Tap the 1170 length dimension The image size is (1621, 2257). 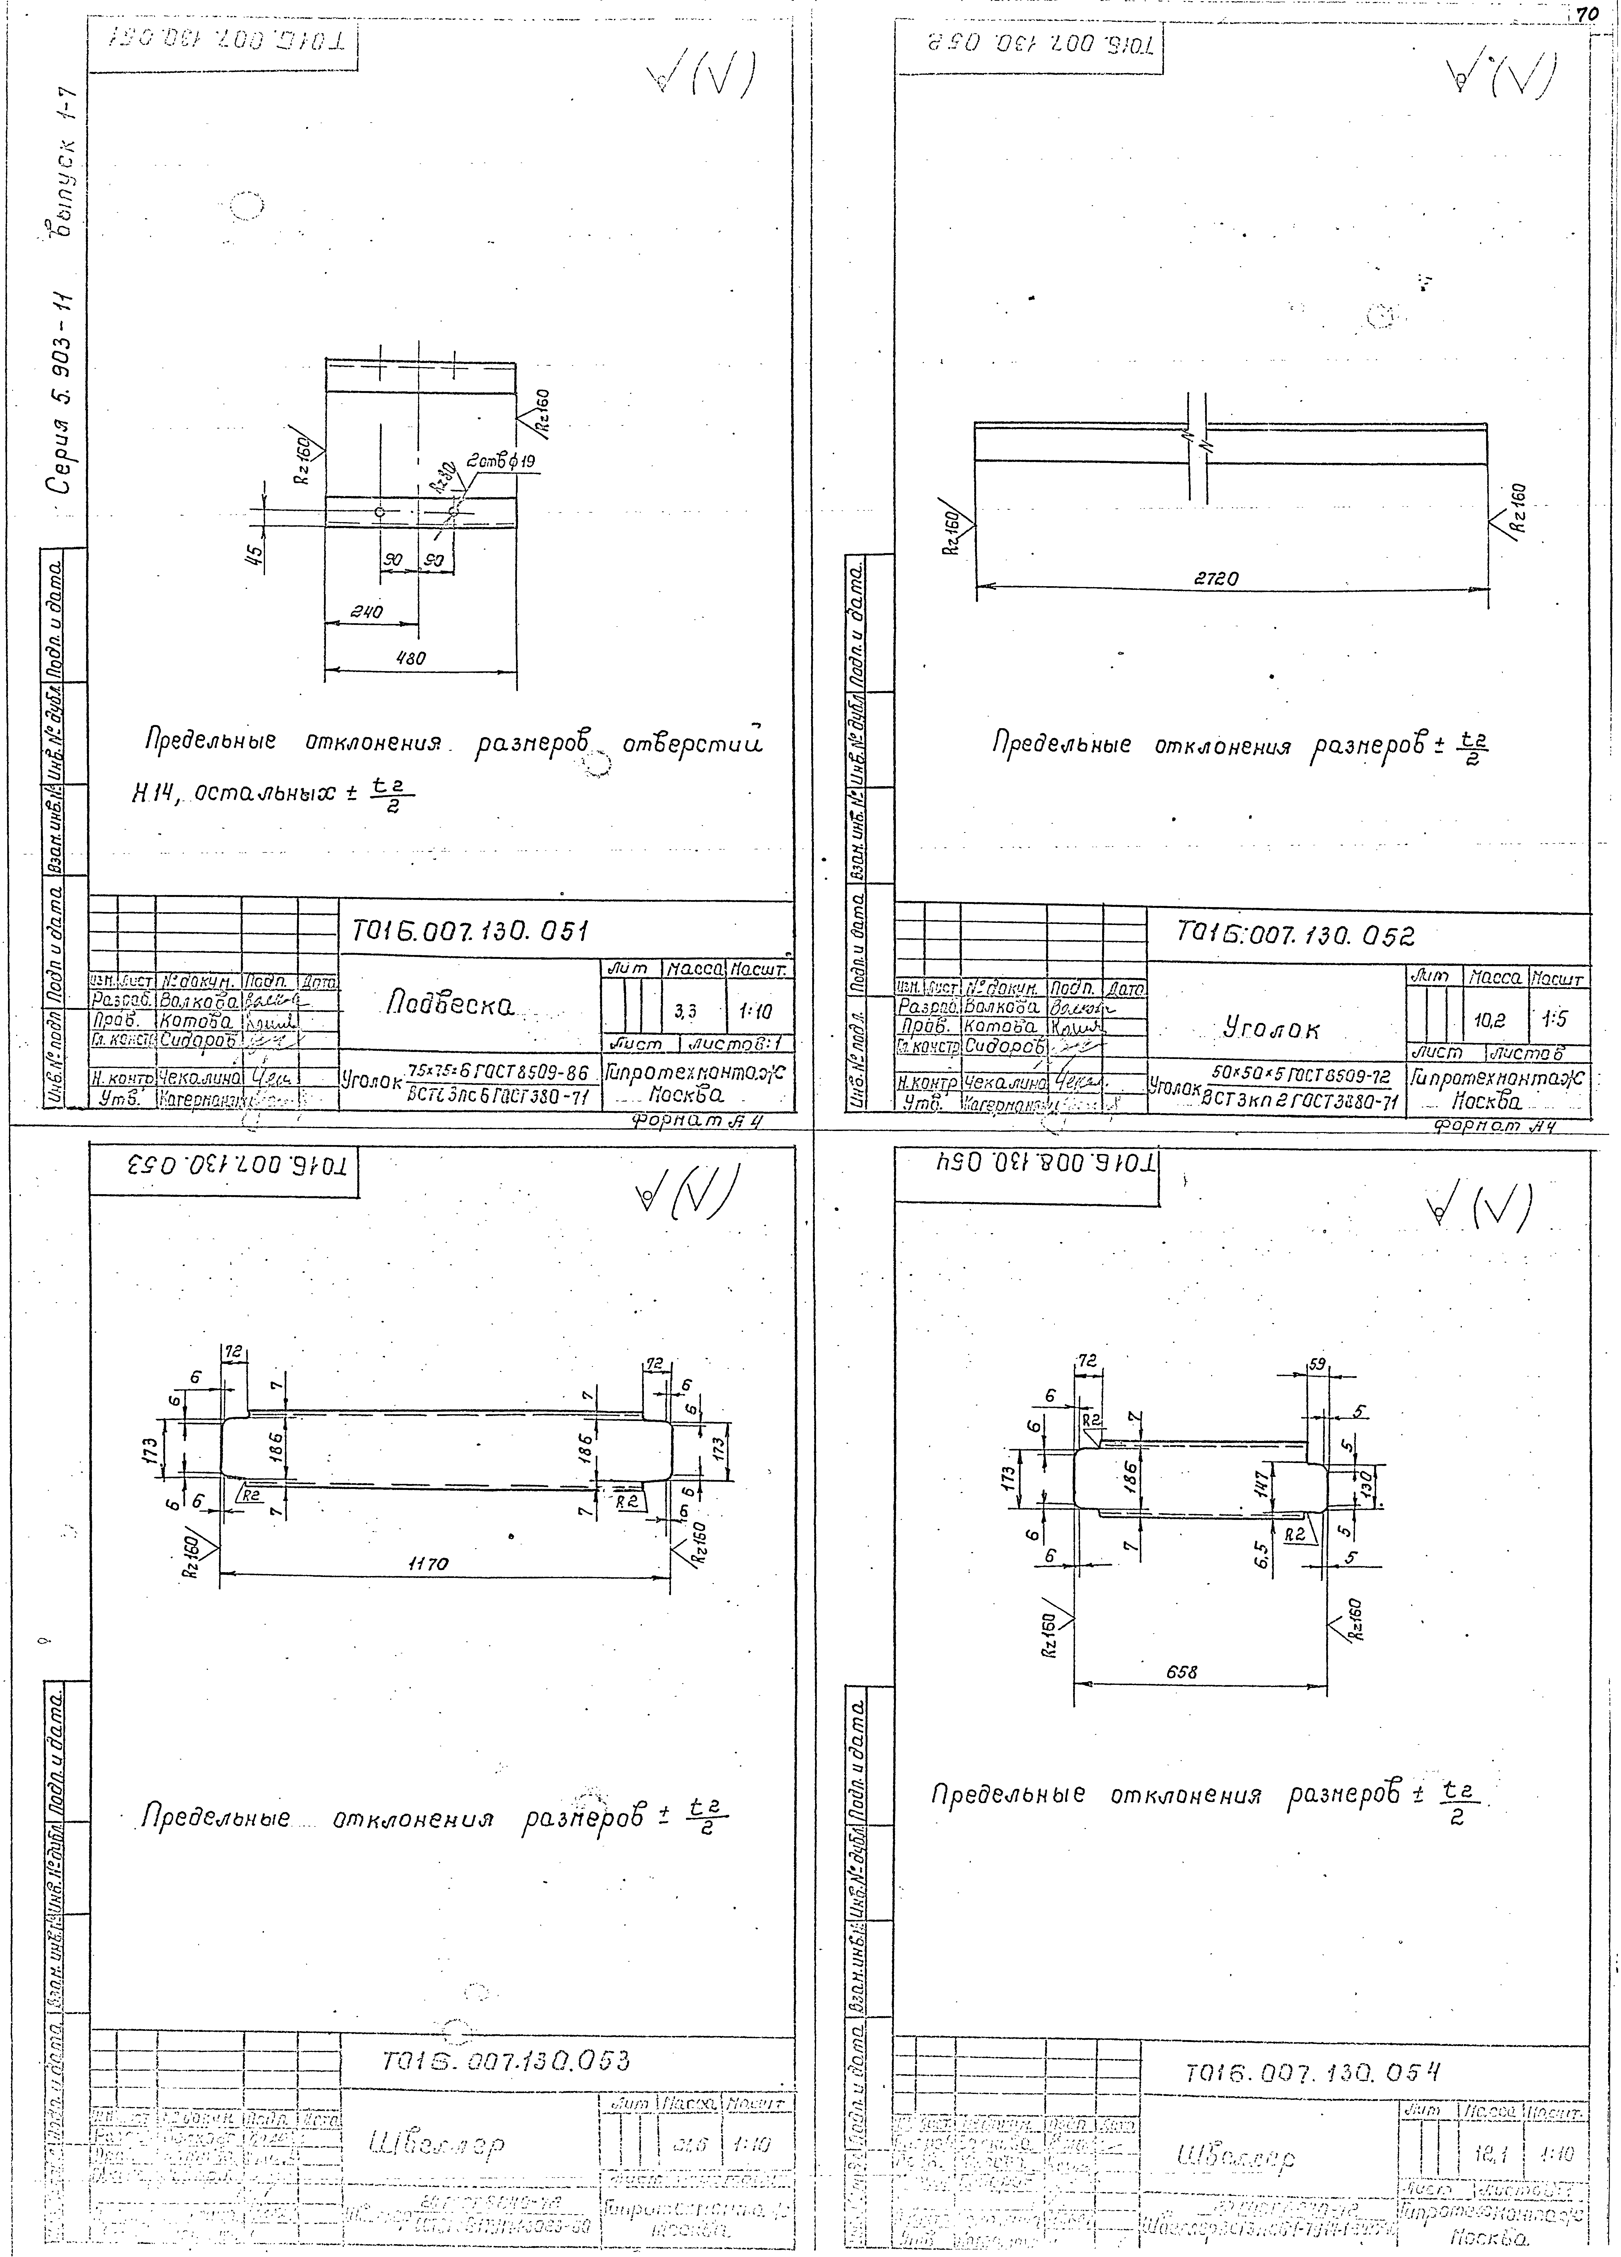click(428, 1563)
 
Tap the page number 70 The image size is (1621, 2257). click(1587, 14)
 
